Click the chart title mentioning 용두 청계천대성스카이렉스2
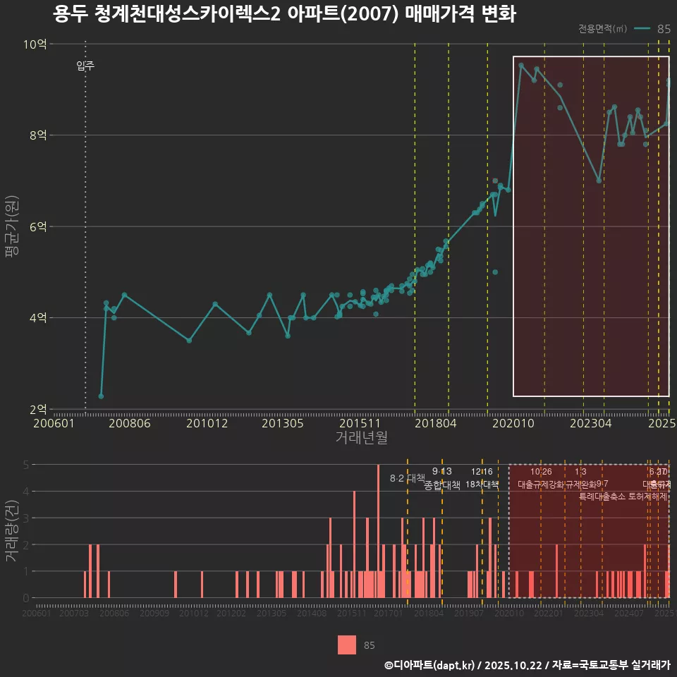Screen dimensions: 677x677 coord(284,15)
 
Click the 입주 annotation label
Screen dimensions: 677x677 coord(85,67)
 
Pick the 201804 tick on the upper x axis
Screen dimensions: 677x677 coord(435,424)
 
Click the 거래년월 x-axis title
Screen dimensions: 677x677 coord(361,438)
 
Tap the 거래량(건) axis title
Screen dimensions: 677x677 coord(11,531)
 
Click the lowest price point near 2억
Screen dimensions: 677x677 coord(101,396)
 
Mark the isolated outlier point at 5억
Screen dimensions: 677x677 coord(495,272)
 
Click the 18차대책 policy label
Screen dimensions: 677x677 coord(482,484)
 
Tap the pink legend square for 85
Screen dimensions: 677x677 coord(347,645)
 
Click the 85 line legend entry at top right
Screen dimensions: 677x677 coord(652,29)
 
